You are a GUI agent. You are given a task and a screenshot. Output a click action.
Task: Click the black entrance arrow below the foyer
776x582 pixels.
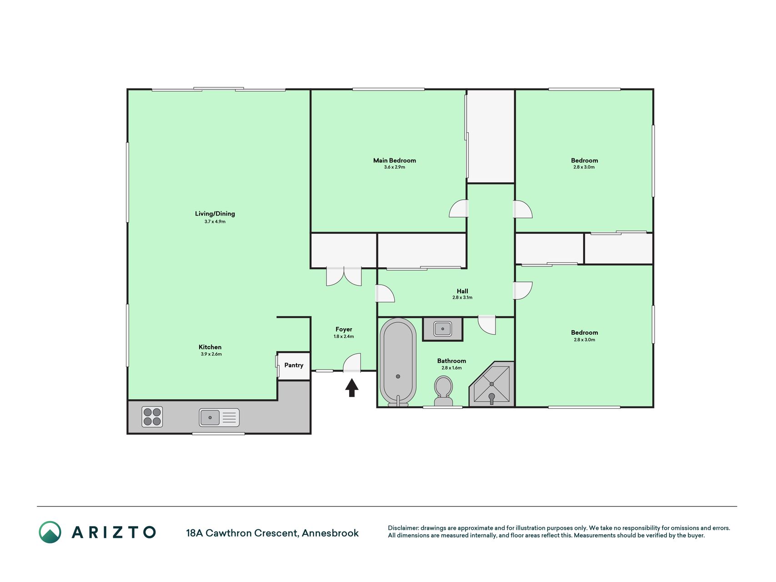click(352, 388)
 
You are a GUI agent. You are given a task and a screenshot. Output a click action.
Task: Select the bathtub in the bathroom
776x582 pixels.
click(398, 362)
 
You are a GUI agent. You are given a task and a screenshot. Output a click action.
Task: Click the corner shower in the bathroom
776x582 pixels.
click(492, 384)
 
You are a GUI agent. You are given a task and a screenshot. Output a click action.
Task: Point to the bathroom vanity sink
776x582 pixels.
click(443, 329)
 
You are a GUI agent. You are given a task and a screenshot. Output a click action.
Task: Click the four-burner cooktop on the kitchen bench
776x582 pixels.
click(152, 416)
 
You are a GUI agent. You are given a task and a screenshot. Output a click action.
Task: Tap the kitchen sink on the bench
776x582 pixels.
click(219, 417)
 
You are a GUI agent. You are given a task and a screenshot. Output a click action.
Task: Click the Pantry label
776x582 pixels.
click(294, 365)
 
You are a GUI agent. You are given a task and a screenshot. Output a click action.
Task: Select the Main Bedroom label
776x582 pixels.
click(395, 160)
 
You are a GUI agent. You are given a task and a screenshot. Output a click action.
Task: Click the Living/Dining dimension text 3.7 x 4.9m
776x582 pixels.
click(215, 221)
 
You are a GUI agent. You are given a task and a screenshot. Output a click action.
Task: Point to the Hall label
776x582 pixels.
click(462, 291)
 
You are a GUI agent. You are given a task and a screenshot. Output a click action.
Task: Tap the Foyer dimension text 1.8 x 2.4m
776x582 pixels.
click(344, 336)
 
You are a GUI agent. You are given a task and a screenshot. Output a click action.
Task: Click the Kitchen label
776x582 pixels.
click(210, 347)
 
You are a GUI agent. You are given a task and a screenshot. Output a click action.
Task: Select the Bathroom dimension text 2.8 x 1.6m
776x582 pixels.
click(451, 368)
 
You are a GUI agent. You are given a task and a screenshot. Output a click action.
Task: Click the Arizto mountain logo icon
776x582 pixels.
click(50, 532)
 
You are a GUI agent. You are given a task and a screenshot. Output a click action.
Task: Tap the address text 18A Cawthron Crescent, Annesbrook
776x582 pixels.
click(272, 533)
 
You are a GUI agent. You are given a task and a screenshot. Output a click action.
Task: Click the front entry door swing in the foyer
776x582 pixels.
click(352, 363)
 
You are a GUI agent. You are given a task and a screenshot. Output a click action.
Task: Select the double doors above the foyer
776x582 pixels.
click(344, 277)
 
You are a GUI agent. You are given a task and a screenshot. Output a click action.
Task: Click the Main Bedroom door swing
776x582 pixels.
click(459, 209)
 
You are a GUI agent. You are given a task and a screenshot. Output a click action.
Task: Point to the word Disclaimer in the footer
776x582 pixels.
click(403, 528)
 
